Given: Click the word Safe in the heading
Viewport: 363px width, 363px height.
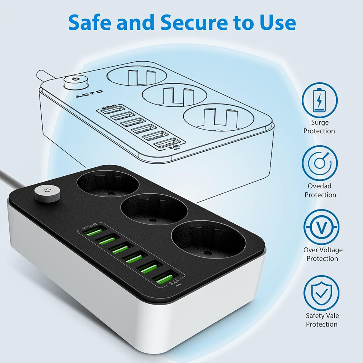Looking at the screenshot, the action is point(89,23).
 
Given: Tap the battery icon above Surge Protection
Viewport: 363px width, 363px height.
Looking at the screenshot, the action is point(319,100).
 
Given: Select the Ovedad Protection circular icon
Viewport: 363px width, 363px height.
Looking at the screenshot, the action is point(319,163).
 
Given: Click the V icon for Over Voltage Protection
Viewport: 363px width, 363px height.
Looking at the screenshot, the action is point(321,227).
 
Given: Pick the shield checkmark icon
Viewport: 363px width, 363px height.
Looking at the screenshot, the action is point(321,293).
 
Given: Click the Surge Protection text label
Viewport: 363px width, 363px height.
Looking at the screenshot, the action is point(319,127).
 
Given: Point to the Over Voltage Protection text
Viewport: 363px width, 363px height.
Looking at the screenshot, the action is point(323,254).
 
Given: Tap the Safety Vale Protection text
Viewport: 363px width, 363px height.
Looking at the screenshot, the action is point(322,320).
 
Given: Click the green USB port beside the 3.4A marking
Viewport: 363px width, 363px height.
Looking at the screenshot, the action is point(165,278).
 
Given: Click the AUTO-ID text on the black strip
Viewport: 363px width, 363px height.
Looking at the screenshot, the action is point(89,226).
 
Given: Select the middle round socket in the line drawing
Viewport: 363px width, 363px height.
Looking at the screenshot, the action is point(174,95).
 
